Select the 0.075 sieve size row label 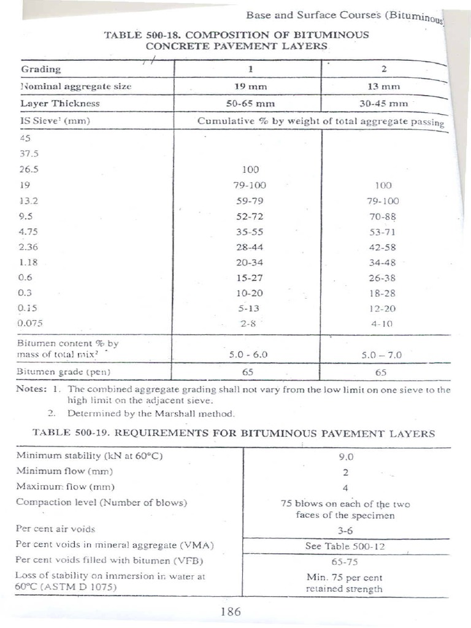click(x=32, y=321)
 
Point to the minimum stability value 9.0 click(x=347, y=456)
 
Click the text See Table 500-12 click(x=345, y=545)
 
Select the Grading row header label click(x=41, y=69)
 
